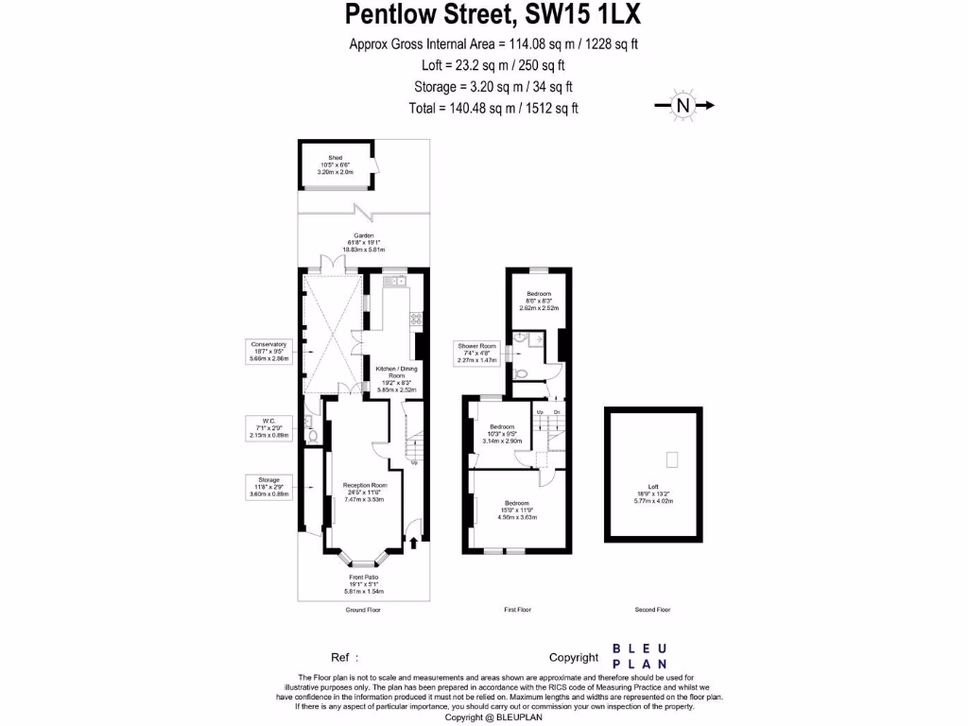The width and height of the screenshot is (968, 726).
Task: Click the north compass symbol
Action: [683, 106]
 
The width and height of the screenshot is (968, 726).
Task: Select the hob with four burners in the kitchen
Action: [416, 318]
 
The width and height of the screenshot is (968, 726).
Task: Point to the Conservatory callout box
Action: [268, 351]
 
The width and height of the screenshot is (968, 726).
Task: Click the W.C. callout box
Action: [268, 427]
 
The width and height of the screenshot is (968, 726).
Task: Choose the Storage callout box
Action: [268, 486]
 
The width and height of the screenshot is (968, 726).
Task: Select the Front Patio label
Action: [364, 583]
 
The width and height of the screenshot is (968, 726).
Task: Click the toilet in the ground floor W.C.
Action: [311, 436]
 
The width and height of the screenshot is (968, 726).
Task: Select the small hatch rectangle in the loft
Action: [672, 459]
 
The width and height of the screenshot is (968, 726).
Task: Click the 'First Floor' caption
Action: [517, 610]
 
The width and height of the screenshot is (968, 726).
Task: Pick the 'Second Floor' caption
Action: [652, 610]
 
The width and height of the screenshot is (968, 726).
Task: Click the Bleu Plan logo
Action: [640, 656]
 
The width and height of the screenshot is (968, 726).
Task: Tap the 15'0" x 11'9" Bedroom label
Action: [516, 510]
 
